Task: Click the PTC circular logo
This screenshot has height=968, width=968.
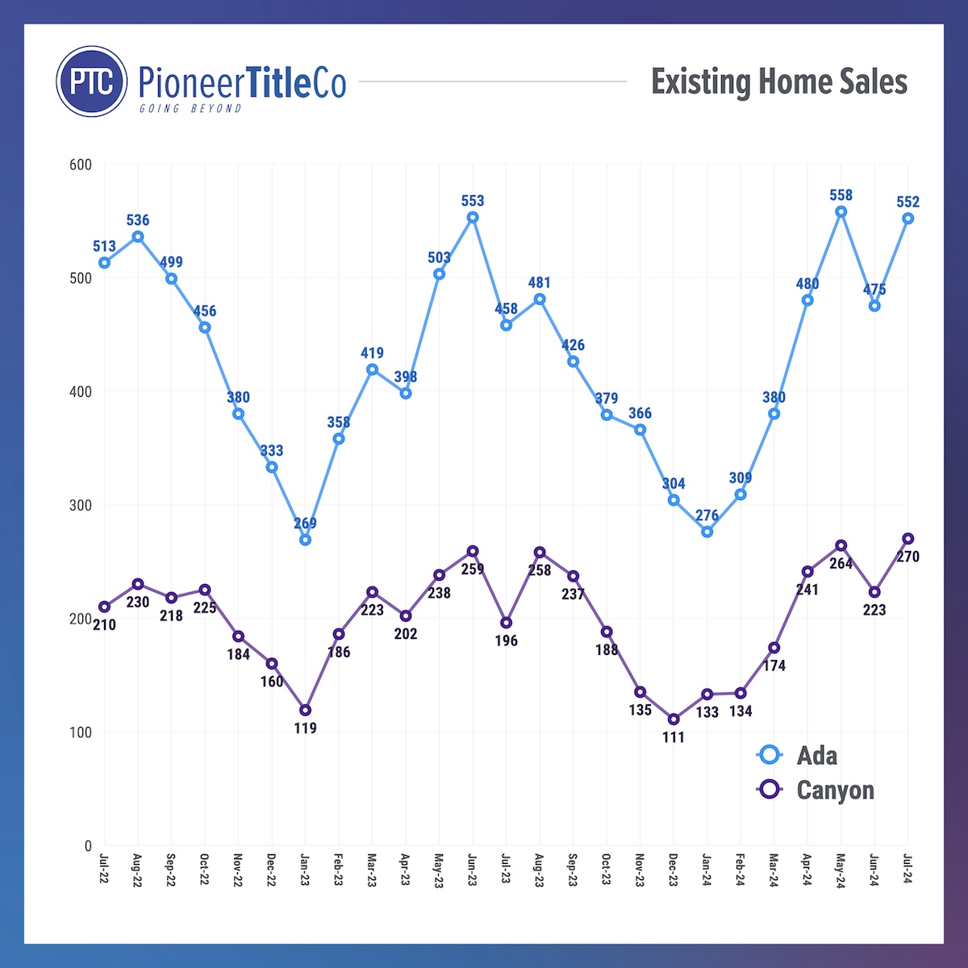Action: (x=92, y=81)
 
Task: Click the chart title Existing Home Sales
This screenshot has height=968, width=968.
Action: (x=779, y=82)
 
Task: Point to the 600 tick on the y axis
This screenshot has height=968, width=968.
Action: (x=81, y=165)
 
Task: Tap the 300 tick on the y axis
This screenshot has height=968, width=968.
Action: (x=81, y=506)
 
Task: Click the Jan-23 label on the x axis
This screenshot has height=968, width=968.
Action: (x=305, y=870)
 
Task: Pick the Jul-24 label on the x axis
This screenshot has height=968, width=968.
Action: (x=907, y=870)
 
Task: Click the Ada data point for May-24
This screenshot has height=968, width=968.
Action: (x=841, y=212)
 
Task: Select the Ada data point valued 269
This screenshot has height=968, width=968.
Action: (x=305, y=540)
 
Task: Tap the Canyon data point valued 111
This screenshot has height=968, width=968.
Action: (x=674, y=719)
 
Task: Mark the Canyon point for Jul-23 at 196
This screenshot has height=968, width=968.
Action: (x=506, y=623)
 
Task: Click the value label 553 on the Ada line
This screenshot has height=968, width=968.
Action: (x=473, y=201)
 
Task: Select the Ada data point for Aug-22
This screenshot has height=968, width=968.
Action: (x=138, y=236)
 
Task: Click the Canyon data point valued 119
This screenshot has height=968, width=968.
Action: (x=305, y=710)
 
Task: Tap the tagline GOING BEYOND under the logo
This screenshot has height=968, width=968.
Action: (x=190, y=109)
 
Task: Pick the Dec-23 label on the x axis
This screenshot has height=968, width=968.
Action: (x=674, y=870)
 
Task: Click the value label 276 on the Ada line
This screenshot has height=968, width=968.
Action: (x=707, y=515)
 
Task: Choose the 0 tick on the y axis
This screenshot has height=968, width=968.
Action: (x=88, y=846)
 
